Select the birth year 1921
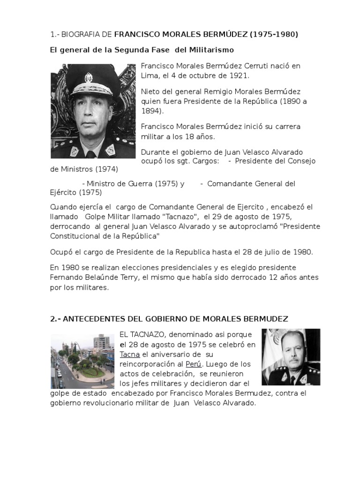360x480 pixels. click(240, 75)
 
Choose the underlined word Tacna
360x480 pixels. click(130, 354)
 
